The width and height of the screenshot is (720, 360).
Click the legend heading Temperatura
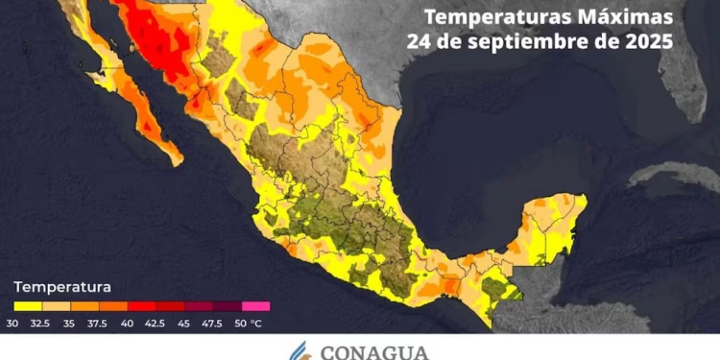[62, 286]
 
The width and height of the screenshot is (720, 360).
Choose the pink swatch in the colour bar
[256, 306]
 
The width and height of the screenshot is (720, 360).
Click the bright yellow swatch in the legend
[29, 306]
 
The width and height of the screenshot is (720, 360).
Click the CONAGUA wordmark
[375, 349]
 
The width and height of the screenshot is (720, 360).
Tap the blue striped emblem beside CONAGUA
[306, 348]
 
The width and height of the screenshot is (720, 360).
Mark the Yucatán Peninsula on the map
[552, 226]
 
